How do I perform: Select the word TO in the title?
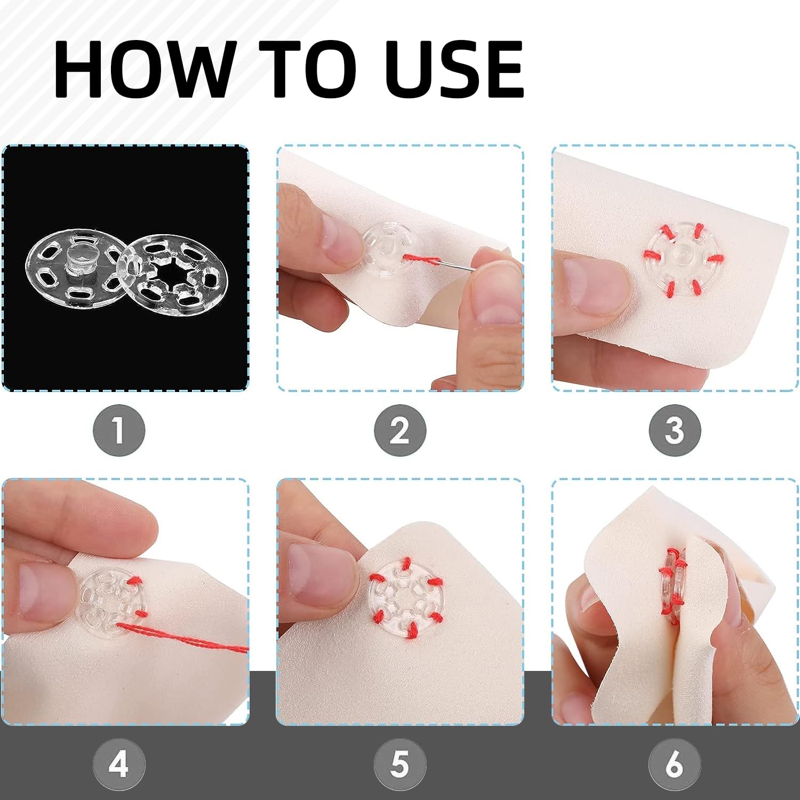click(308, 69)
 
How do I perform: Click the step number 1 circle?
click(119, 430)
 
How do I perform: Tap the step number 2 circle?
click(400, 430)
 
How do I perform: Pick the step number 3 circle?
click(675, 430)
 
